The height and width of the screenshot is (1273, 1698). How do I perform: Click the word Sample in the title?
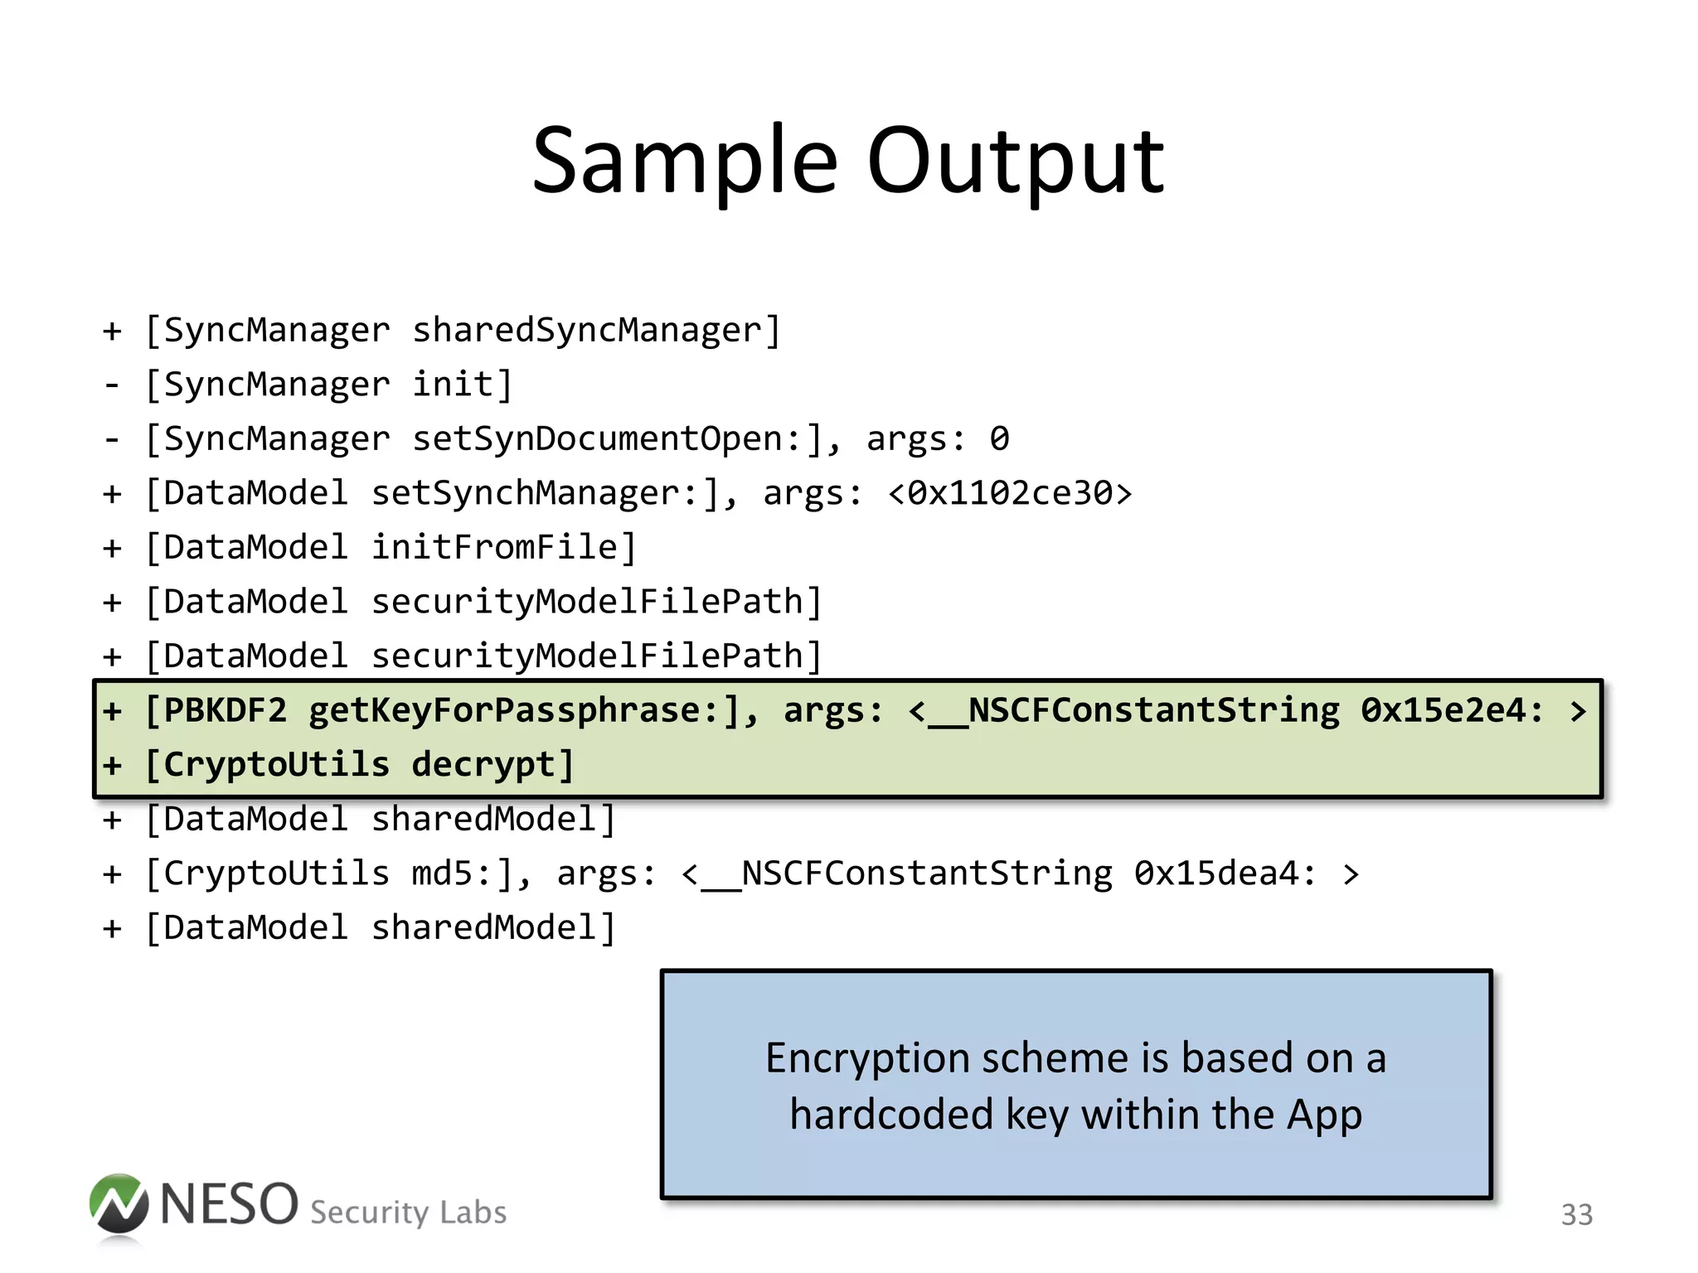(685, 162)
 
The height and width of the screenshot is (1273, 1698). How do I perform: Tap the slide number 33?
(1576, 1215)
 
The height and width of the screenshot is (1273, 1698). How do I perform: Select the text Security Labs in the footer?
(408, 1212)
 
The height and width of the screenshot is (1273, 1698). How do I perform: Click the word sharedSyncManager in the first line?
(587, 330)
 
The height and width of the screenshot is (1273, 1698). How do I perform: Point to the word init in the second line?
(453, 384)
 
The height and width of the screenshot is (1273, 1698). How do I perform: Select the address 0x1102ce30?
(1010, 493)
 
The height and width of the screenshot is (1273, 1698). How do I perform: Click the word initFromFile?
(494, 547)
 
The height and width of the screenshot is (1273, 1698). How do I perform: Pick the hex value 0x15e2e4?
(1443, 710)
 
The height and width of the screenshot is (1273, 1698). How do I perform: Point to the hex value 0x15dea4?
(1215, 874)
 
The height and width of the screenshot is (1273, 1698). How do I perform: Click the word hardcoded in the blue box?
(890, 1114)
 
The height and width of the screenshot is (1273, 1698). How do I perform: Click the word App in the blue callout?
(1324, 1114)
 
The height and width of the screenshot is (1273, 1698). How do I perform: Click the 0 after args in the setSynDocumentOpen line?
(999, 438)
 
